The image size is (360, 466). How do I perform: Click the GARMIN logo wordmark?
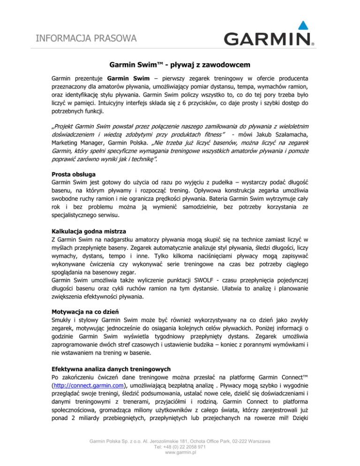267,39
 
